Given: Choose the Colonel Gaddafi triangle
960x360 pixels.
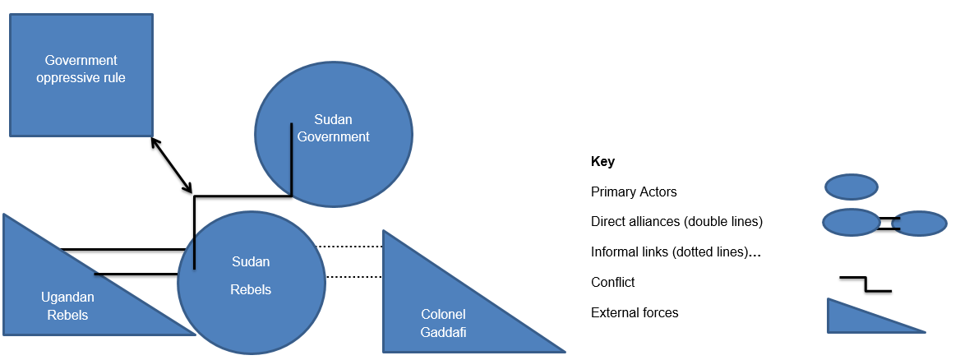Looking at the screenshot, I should (x=436, y=312).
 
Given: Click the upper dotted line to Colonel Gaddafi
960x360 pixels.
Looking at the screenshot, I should (x=349, y=247).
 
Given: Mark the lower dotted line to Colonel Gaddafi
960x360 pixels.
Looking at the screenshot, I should (x=354, y=278).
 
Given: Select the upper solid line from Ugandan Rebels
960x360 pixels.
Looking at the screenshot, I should (x=123, y=248).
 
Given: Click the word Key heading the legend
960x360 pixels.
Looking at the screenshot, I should (x=602, y=162).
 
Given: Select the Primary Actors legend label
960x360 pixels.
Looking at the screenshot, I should (x=634, y=192).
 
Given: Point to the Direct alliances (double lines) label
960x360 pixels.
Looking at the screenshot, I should (x=676, y=222).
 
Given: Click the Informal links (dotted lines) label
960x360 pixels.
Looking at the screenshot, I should (x=675, y=252).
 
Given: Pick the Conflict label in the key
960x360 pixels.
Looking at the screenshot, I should (x=613, y=283).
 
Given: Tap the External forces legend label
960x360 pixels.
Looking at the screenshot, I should (x=635, y=313).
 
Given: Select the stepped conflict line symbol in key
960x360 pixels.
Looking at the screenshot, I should (x=865, y=284).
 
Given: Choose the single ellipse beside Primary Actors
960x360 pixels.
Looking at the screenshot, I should (x=852, y=187).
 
